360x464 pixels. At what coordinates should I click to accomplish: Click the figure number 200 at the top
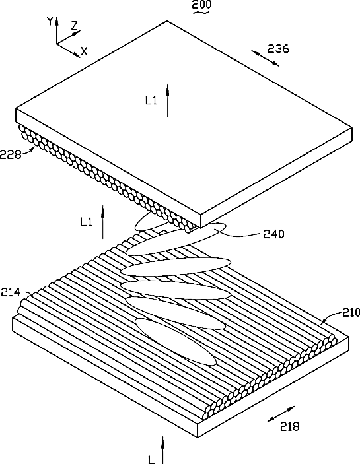pos(201,5)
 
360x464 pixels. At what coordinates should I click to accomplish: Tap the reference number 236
pos(278,49)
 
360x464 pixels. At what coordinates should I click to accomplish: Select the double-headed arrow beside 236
pos(265,58)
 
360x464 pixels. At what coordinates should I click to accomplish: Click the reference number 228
pos(11,154)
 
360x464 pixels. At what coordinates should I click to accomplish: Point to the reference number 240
pos(274,234)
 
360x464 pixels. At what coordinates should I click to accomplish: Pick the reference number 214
pos(11,292)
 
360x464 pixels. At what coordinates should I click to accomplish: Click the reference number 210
pos(351,312)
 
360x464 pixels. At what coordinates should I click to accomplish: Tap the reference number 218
pos(290,426)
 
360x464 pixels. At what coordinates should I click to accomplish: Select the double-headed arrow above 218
pos(281,414)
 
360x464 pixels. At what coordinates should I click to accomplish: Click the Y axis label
pos(50,22)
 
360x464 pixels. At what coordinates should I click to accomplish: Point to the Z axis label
pos(74,26)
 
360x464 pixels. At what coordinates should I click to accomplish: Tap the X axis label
pos(85,51)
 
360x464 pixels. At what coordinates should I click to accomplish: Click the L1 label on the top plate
pos(151,100)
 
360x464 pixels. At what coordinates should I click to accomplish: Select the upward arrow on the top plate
pos(168,100)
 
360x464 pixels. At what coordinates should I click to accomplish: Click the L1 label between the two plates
pos(86,222)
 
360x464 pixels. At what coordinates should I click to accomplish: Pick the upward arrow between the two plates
pos(103,222)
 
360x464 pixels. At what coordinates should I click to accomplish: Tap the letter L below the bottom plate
pos(151,459)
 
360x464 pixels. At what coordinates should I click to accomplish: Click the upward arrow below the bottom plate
pos(162,449)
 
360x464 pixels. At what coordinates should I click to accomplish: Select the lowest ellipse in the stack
pos(175,342)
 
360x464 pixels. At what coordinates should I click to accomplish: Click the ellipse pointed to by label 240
pos(176,240)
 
